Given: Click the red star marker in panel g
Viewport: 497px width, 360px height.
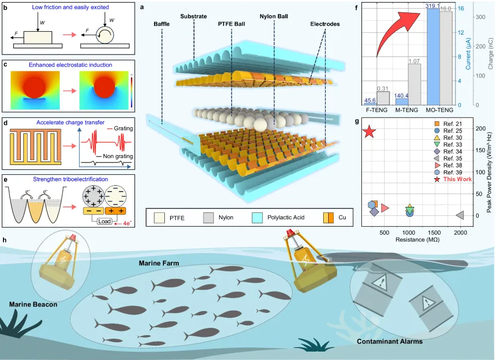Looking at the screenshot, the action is tap(369, 131).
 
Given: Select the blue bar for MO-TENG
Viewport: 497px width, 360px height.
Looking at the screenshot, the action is tap(433, 57).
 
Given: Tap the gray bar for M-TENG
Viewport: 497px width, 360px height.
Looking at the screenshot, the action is tap(414, 84).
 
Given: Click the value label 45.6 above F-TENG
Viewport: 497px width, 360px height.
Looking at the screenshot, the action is tap(370, 100).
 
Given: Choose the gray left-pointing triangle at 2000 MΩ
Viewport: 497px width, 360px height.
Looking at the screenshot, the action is tap(460, 215).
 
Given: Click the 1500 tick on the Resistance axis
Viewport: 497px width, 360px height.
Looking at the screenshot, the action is tap(434, 233).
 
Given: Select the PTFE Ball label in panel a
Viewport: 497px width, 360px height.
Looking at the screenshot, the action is tap(231, 24).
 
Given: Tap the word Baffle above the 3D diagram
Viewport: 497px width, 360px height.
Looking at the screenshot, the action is tap(162, 24).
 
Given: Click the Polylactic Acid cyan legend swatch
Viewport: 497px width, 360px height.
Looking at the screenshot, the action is tap(257, 217).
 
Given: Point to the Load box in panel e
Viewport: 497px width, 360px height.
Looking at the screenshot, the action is tap(104, 221).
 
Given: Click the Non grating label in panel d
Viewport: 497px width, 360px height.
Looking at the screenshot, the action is tap(118, 156).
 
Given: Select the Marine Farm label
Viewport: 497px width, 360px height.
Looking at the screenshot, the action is tap(159, 263).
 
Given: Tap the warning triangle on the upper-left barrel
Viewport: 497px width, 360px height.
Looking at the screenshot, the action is tap(380, 281).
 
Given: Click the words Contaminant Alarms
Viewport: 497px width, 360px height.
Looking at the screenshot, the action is tap(390, 341).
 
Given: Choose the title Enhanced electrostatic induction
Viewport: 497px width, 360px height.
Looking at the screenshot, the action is tap(70, 65).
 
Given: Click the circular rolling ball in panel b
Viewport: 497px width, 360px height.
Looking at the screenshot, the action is tap(105, 35).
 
